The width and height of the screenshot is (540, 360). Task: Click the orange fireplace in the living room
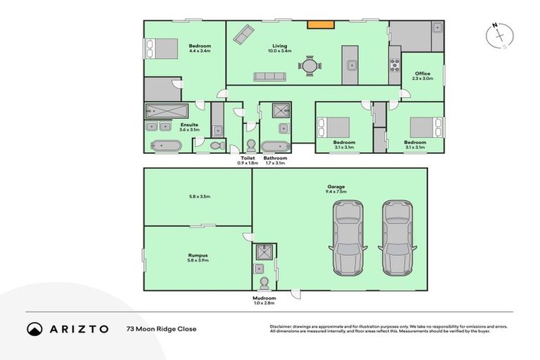[321, 25]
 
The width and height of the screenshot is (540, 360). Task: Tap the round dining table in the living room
[310, 66]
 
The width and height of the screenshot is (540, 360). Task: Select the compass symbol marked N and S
[499, 36]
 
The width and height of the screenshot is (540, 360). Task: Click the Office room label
[422, 74]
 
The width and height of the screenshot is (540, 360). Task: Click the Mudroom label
[264, 298]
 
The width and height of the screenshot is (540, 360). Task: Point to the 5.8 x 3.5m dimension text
[198, 196]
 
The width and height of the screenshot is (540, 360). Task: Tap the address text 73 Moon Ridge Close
[162, 328]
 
